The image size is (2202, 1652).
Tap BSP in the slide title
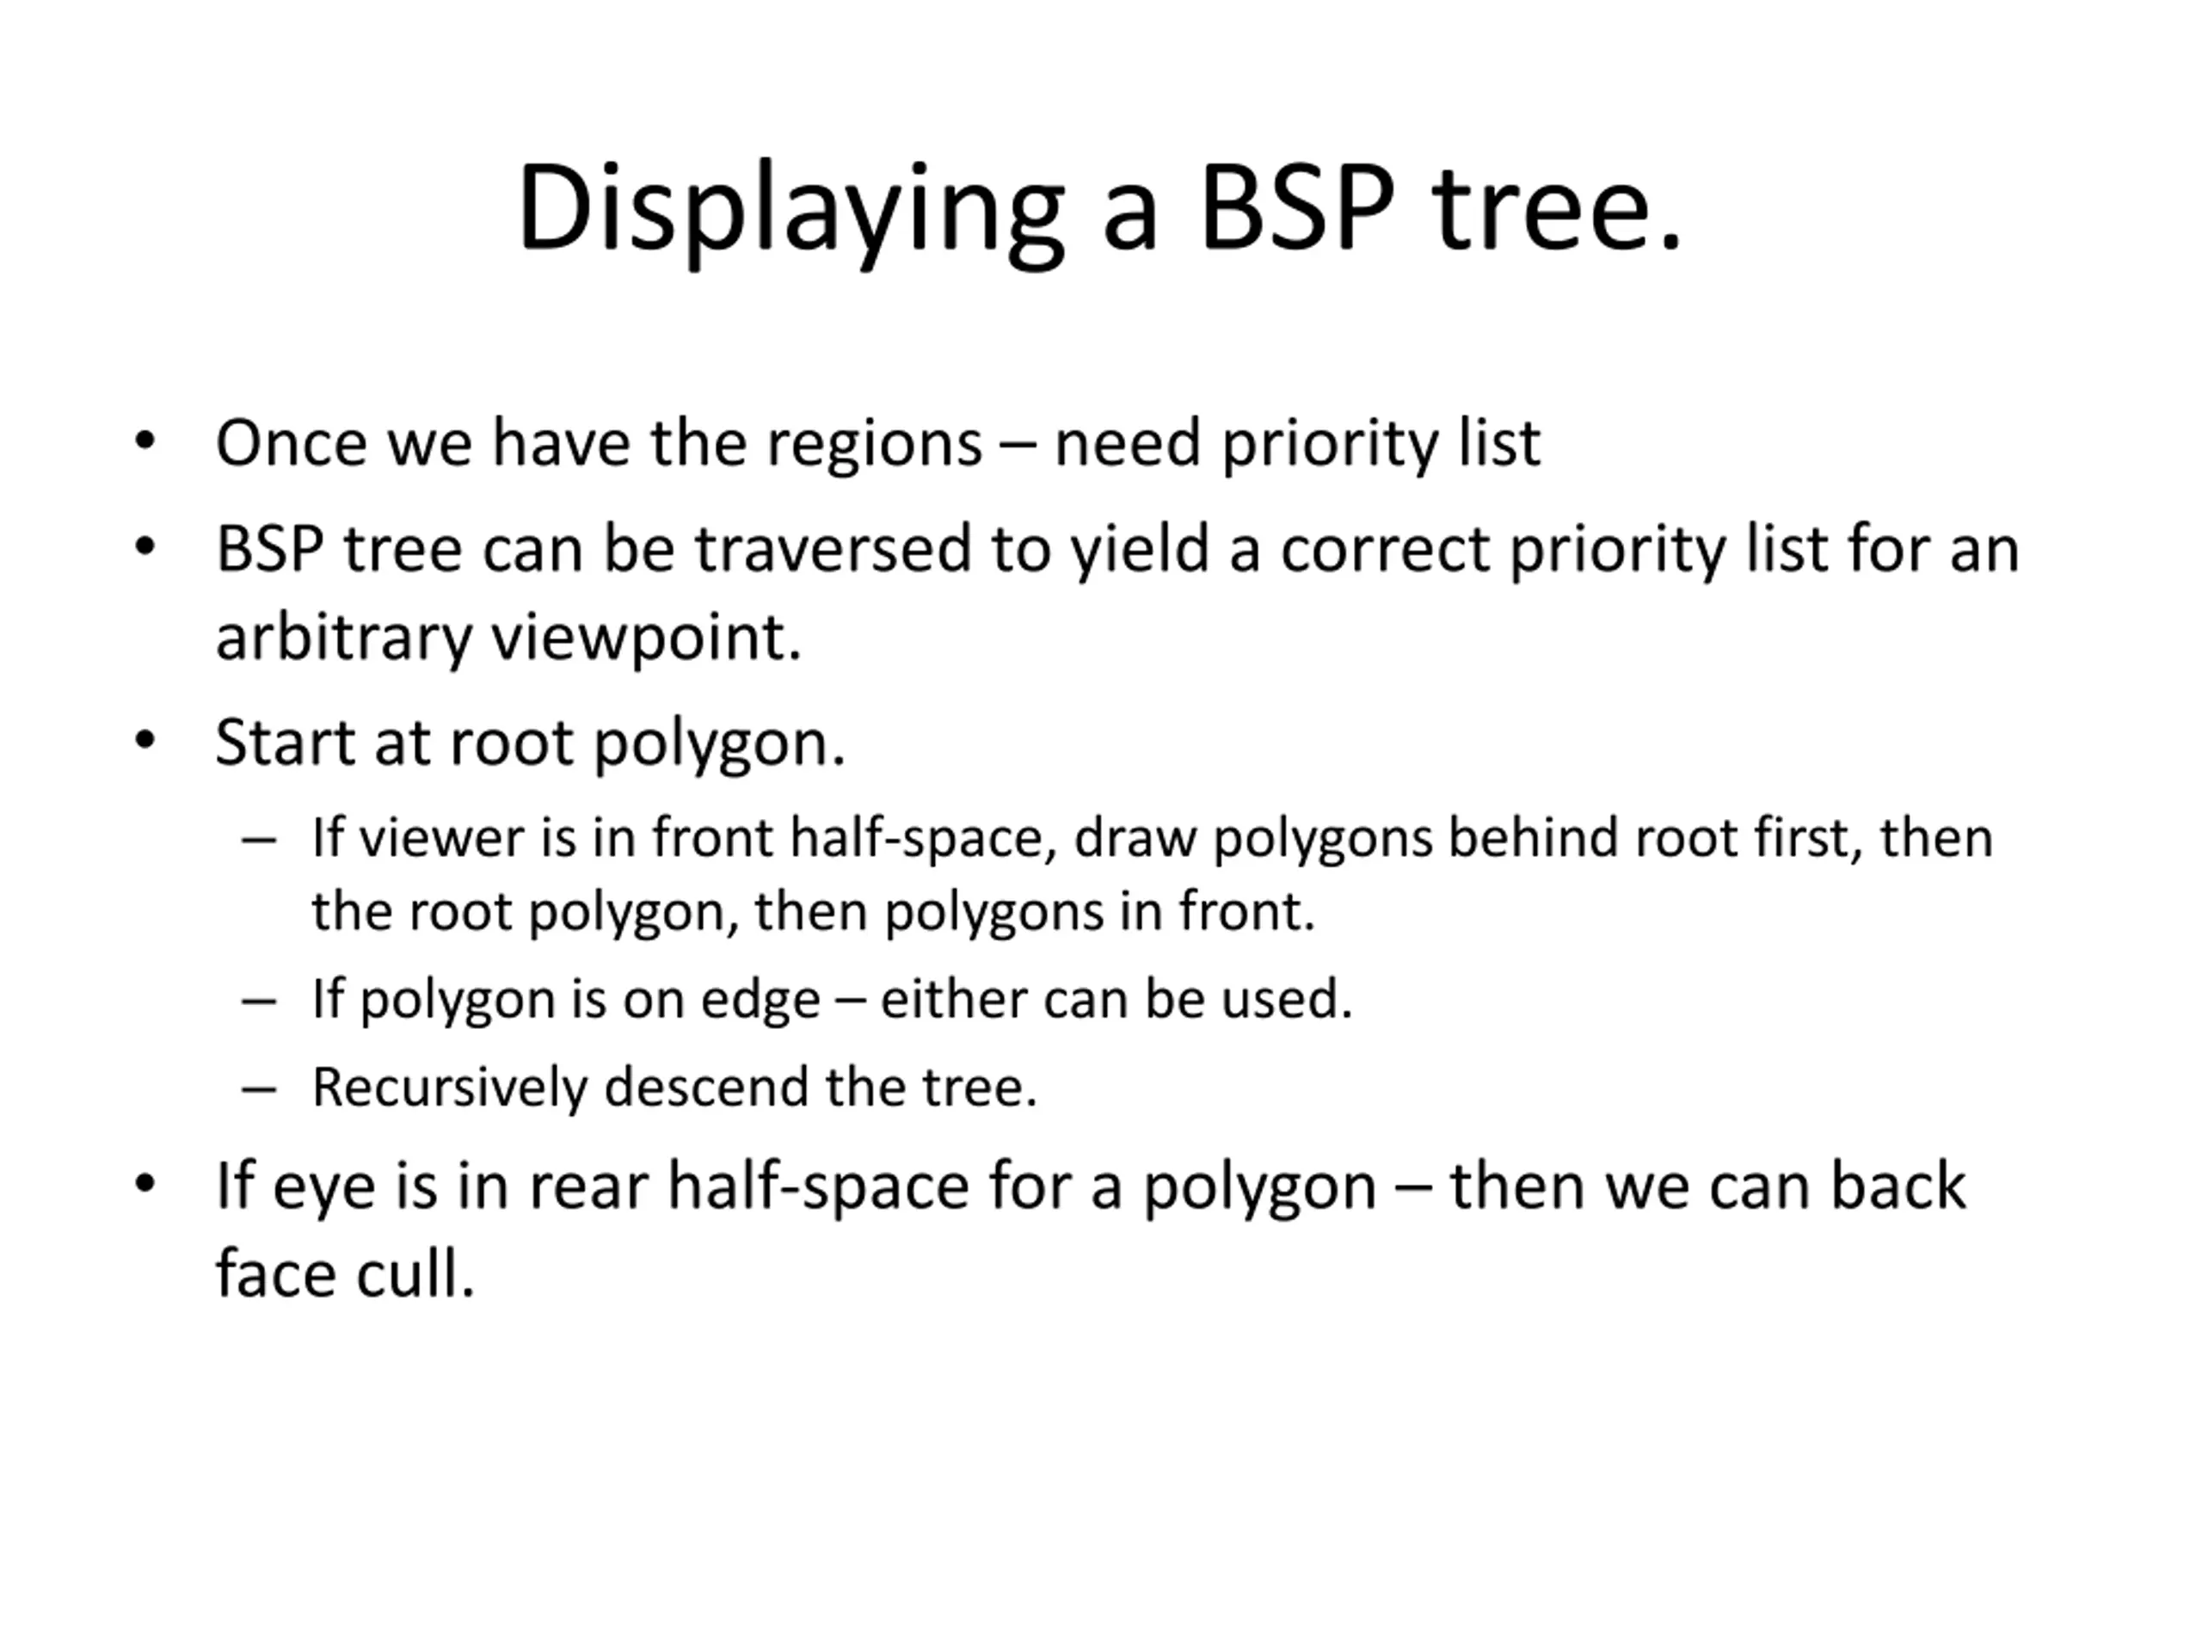[1298, 207]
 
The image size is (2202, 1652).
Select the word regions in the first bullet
[874, 445]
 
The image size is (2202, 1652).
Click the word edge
[760, 1001]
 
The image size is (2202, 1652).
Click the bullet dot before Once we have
[145, 441]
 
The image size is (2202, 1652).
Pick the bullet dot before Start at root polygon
[145, 740]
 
